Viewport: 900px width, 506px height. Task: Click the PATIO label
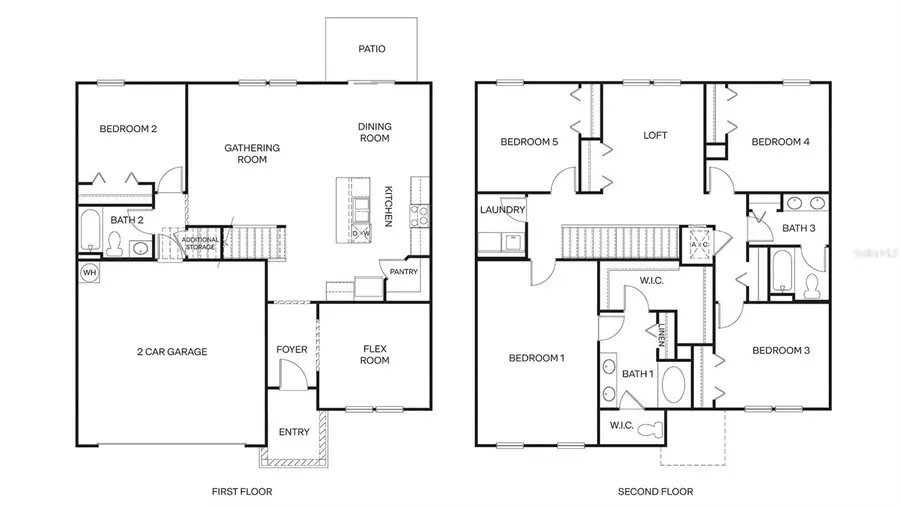pyautogui.click(x=371, y=49)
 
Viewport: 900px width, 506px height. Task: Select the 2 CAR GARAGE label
pyautogui.click(x=172, y=352)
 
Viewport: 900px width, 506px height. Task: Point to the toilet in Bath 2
pyautogui.click(x=115, y=244)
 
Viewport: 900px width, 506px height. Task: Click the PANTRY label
pyautogui.click(x=404, y=271)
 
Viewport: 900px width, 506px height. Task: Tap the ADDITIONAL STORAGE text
pyautogui.click(x=198, y=243)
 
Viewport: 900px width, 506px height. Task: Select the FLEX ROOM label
pyautogui.click(x=375, y=354)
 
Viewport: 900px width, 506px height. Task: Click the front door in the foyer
pyautogui.click(x=291, y=378)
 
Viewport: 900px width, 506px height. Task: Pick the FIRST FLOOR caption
pyautogui.click(x=241, y=491)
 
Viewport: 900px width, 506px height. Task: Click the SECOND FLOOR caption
pyautogui.click(x=654, y=491)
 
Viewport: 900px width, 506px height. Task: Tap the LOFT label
pyautogui.click(x=654, y=135)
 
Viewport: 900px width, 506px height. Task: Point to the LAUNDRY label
pyautogui.click(x=501, y=210)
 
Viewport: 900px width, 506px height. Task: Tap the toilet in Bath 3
pyautogui.click(x=811, y=284)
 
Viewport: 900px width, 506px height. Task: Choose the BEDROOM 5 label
pyautogui.click(x=529, y=142)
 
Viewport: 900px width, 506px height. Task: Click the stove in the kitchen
pyautogui.click(x=421, y=214)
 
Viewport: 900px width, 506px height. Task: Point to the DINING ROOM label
pyautogui.click(x=375, y=132)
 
